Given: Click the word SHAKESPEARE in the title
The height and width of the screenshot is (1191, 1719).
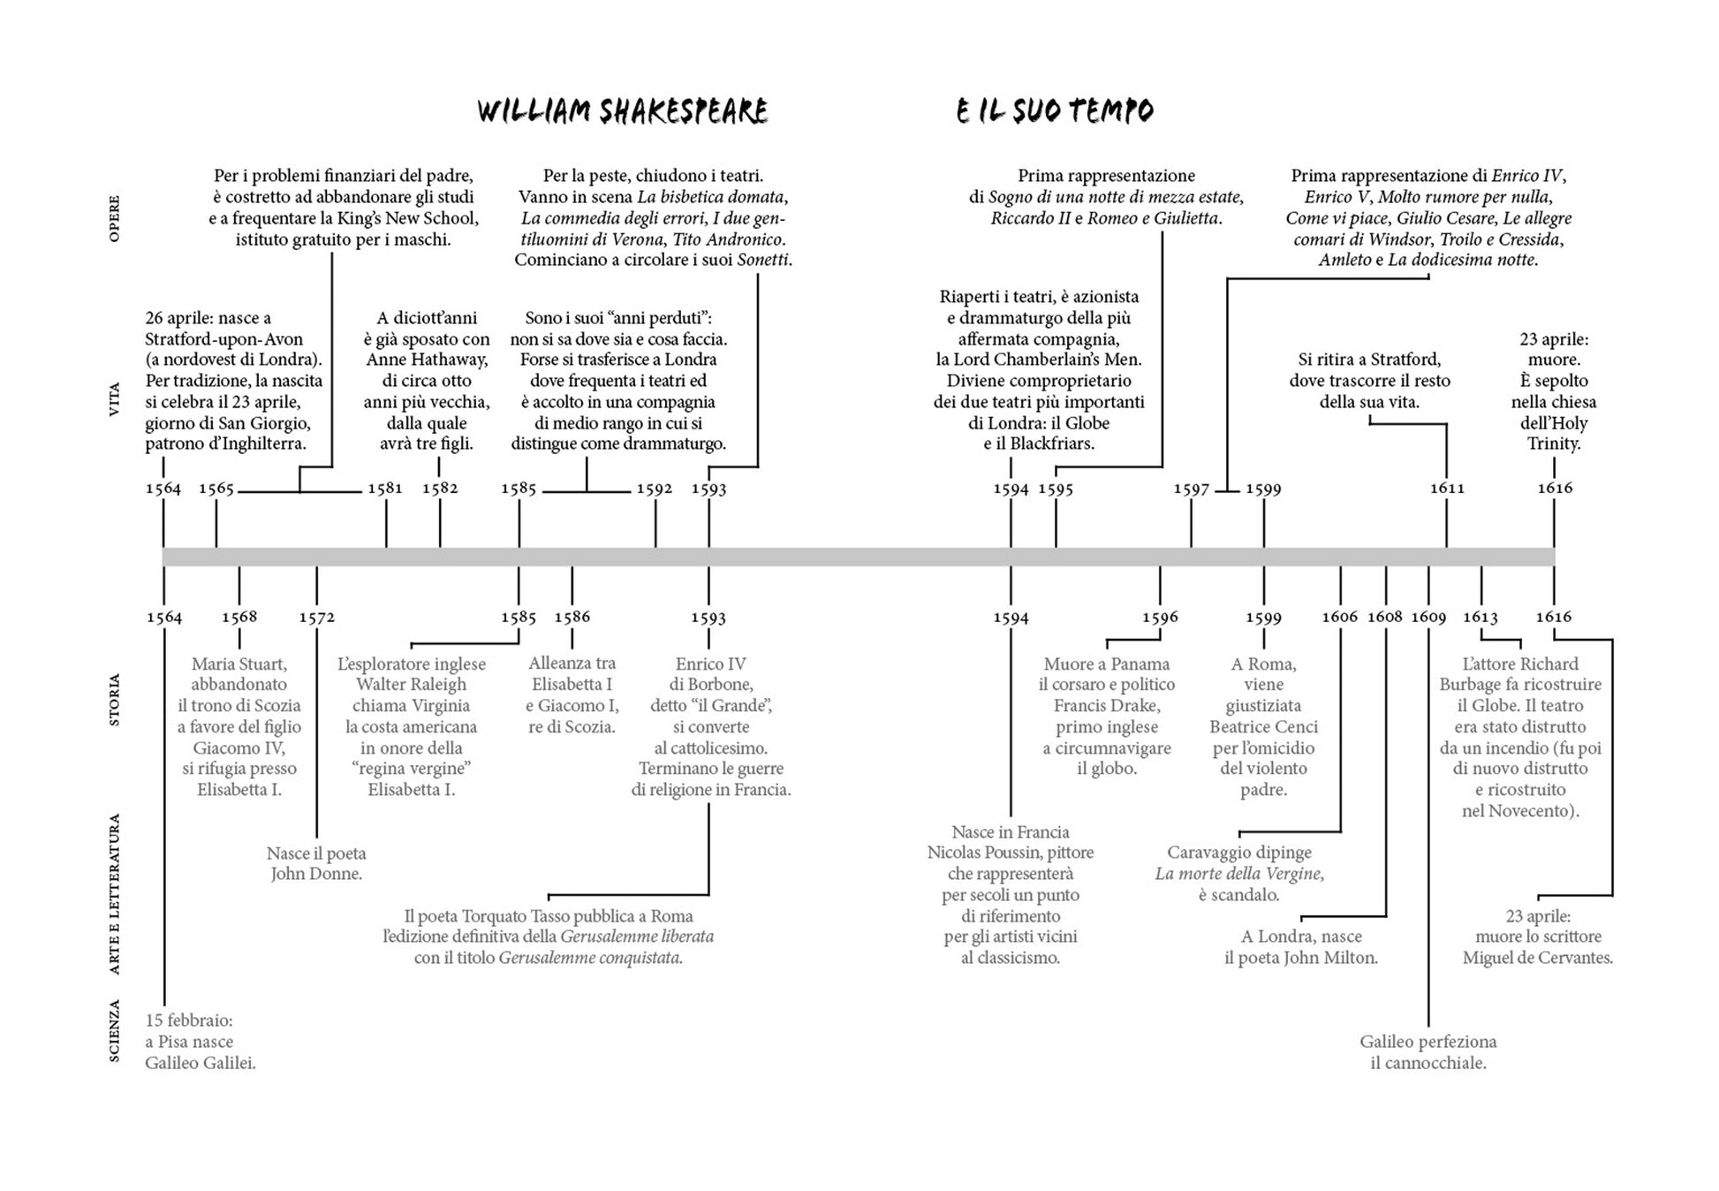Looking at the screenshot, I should pos(684,111).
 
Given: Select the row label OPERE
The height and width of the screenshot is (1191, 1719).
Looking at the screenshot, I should pos(114,218).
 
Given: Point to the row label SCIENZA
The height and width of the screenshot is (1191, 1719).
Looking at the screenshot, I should pos(114,1030).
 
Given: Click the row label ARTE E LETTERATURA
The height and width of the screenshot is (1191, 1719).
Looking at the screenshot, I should pos(114,894).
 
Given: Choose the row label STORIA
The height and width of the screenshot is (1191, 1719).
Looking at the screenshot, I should pos(114,700).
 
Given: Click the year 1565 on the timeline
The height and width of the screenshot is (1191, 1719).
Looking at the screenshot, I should pos(216,489).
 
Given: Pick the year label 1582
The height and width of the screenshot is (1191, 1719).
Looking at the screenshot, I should pos(440,489).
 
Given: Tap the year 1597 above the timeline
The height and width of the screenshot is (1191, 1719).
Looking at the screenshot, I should pos(1191,489).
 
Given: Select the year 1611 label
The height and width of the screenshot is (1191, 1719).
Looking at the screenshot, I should pos(1447,489).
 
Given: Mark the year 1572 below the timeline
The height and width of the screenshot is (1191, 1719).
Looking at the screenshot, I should pos(316,618).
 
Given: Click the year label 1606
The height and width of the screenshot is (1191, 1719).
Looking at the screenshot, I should pos(1339,617).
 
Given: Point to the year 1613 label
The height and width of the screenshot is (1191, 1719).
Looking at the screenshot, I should pos(1480,617).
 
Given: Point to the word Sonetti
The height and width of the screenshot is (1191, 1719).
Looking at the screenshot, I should pos(763,260).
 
